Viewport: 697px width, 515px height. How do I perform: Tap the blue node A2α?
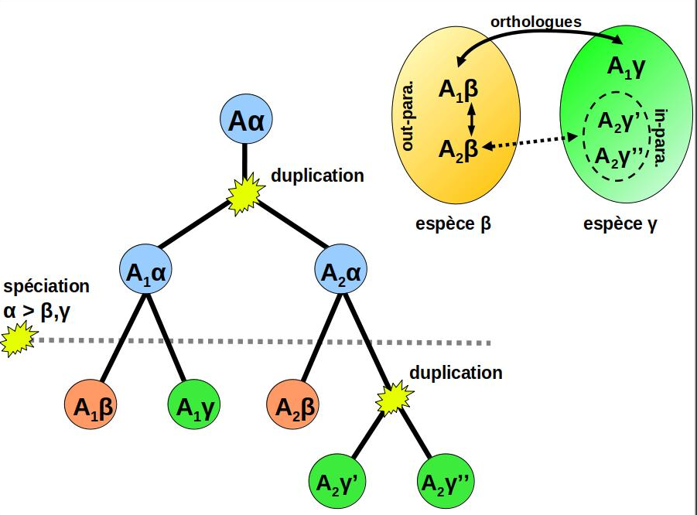[x=340, y=271]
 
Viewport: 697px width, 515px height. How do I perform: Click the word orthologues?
[x=536, y=22]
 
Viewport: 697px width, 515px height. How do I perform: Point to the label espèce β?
[x=453, y=224]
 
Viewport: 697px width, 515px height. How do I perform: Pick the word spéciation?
[x=46, y=286]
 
